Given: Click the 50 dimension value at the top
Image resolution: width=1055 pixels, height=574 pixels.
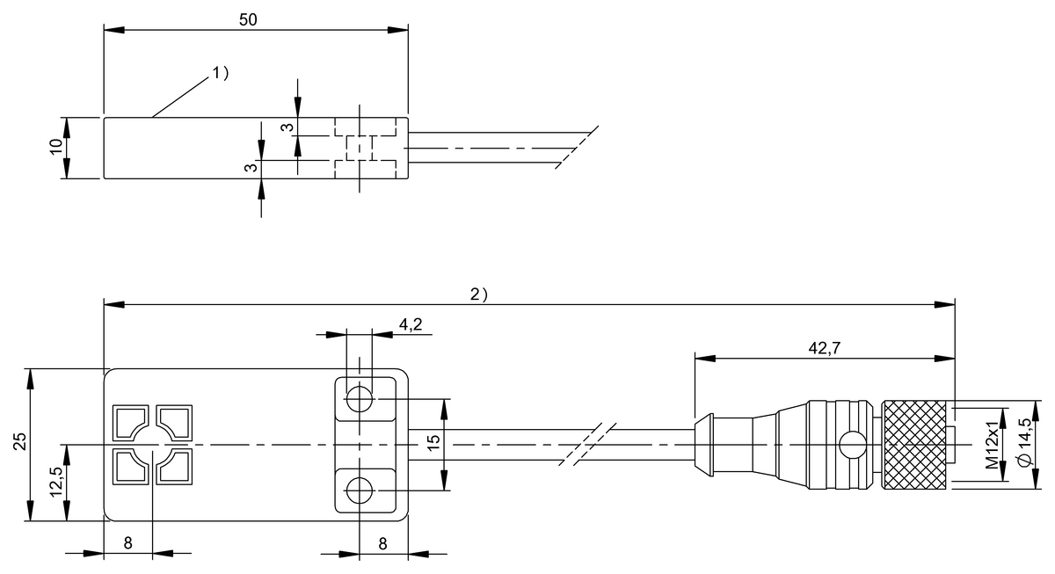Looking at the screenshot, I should tap(248, 19).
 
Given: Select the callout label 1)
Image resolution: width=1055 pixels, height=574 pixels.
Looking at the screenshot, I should tap(219, 74).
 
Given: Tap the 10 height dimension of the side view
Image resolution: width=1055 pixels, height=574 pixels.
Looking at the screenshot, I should tap(56, 148).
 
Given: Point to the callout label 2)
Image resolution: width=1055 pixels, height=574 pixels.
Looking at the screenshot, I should tap(478, 294).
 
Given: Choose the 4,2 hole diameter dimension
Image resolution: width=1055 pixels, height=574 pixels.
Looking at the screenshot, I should tap(411, 324).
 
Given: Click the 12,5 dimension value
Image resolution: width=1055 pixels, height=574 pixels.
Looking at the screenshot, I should tap(56, 482).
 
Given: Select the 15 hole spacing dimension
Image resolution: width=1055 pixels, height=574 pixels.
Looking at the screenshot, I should tap(433, 445).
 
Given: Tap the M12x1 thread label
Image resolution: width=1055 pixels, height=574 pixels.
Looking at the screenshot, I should tap(992, 445).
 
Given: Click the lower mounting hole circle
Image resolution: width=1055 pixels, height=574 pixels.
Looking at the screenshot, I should tap(360, 489).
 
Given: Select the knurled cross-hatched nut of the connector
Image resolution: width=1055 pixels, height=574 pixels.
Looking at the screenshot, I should tap(916, 445).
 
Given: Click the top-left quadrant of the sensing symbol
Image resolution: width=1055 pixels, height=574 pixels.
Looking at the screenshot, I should tap(130, 421).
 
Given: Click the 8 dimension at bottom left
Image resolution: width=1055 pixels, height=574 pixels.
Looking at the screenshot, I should tap(127, 543).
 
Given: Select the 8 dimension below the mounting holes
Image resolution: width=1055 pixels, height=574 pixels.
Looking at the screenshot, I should tap(382, 543).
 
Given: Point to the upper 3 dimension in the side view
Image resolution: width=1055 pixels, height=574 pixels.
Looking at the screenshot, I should tap(285, 127).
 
